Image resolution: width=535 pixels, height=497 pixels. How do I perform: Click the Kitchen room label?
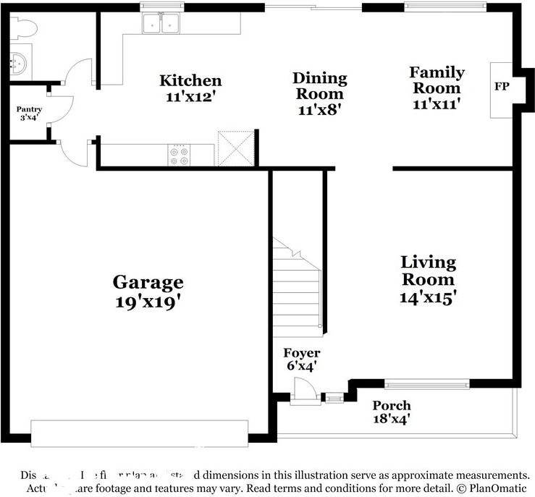190,80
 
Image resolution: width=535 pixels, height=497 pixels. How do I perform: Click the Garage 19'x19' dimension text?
148,301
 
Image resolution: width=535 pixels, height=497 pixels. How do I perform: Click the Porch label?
391,405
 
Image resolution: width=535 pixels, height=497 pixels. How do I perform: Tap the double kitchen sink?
161,25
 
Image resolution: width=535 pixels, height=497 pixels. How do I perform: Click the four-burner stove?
179,155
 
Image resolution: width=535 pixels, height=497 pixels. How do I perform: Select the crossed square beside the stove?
235,148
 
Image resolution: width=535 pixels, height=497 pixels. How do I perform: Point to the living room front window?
426,383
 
